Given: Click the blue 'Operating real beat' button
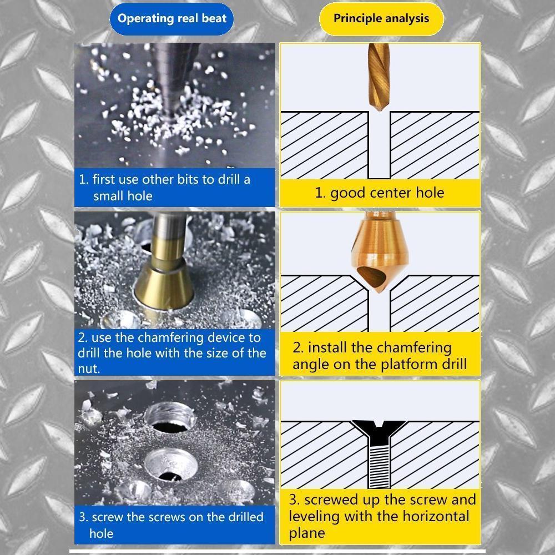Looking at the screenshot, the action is [x=171, y=19].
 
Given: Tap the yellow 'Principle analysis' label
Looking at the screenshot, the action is [x=381, y=19].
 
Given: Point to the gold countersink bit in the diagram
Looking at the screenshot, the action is [x=380, y=252].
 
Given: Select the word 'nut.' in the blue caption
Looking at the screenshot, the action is [x=89, y=369].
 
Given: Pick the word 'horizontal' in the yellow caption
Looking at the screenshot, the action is [x=436, y=516].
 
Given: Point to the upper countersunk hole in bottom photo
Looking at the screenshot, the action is [x=170, y=418].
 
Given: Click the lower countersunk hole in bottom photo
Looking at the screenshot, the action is [x=171, y=465].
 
